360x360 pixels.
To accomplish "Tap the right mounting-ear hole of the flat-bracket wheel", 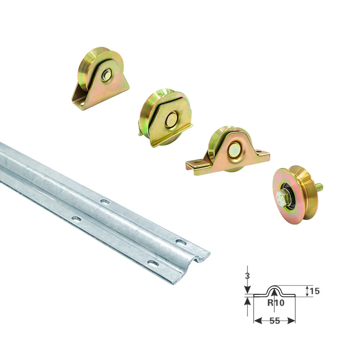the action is (259, 152).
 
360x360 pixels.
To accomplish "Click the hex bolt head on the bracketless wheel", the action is (282, 197).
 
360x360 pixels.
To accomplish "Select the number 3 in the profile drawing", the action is (247, 276).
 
